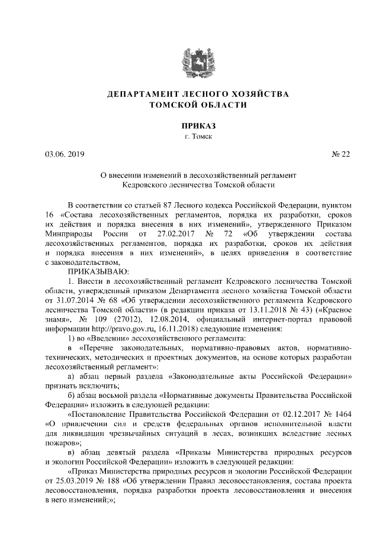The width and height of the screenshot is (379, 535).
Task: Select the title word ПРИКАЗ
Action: pyautogui.click(x=189, y=126)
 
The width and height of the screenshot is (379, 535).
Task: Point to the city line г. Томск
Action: pyautogui.click(x=189, y=137)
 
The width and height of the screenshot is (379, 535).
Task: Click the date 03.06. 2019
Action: pyautogui.click(x=65, y=155)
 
